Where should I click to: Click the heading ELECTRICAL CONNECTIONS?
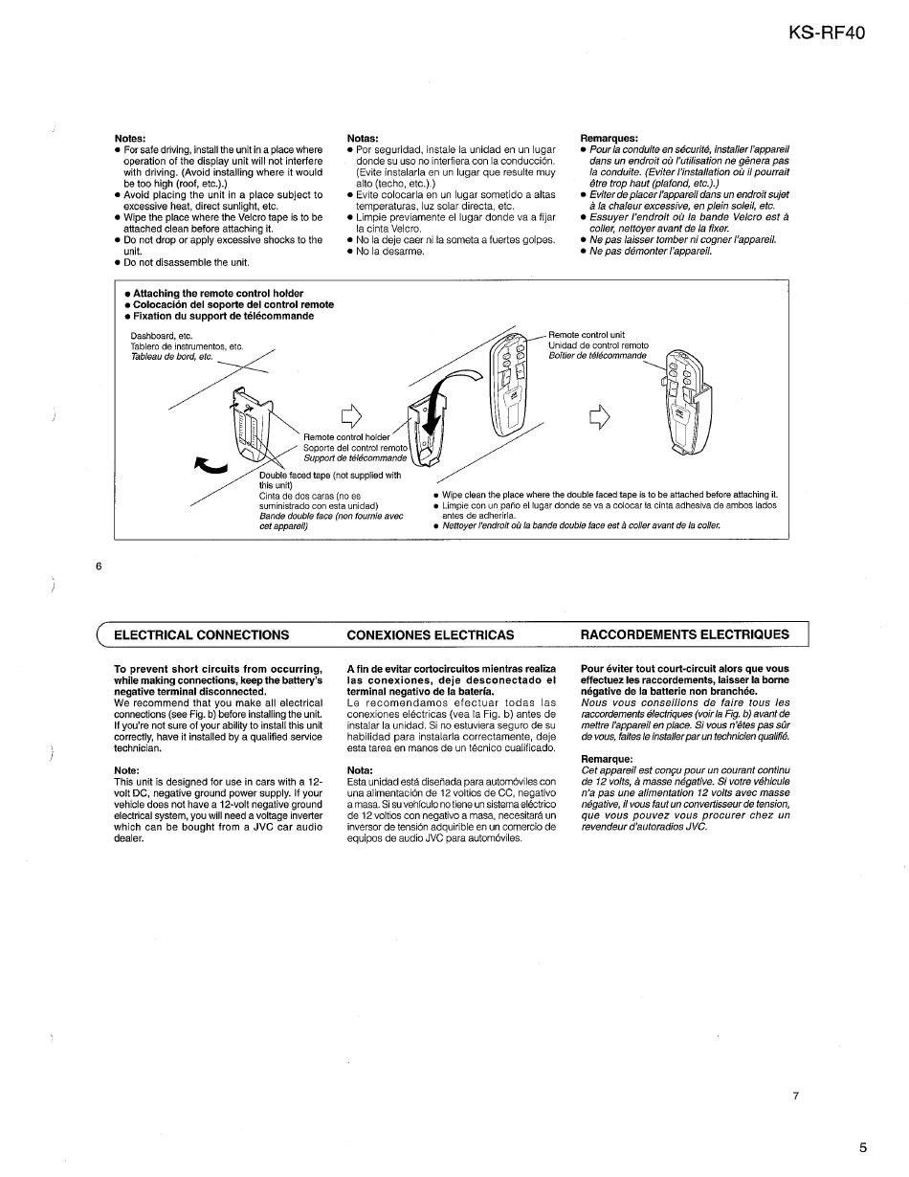pos(201,634)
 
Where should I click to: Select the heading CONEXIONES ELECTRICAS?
pos(430,634)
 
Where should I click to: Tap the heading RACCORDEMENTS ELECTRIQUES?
pos(685,634)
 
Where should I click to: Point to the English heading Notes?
pos(129,139)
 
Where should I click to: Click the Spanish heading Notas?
pos(363,139)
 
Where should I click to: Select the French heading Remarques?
pos(610,139)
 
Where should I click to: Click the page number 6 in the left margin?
pos(99,566)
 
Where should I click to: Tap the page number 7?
pos(795,1096)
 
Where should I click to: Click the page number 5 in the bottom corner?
pos(862,1148)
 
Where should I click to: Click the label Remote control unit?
pos(586,335)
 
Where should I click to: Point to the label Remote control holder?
pos(346,437)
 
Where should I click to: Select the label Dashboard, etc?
pos(161,336)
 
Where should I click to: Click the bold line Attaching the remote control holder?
pos(218,294)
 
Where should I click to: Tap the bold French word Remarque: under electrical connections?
pos(608,759)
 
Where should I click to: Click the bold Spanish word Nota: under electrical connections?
pos(360,770)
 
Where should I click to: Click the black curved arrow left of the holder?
pos(211,465)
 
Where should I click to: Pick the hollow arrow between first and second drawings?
pos(353,415)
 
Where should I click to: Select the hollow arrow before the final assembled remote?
pos(599,415)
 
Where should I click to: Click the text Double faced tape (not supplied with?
pos(330,475)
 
